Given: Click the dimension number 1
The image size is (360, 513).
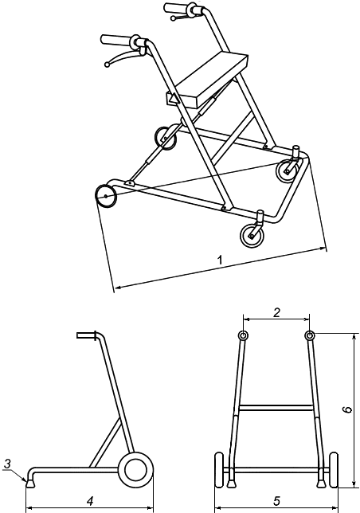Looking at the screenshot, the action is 221,260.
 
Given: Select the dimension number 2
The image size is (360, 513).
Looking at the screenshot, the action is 276,313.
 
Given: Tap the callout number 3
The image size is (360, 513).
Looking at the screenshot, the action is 8,464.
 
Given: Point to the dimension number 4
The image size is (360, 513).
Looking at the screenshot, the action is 90,500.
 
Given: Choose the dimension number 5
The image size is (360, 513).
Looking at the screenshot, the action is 276,500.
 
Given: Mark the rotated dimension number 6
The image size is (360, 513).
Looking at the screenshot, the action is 347,409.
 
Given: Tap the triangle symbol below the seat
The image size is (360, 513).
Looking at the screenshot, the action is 173,98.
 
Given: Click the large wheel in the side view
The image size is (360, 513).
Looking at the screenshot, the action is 135,470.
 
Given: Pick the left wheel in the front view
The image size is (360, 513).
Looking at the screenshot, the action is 219,470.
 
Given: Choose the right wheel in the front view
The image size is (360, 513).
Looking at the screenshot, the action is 334,470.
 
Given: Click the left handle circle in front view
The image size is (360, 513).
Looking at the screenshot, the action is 243,335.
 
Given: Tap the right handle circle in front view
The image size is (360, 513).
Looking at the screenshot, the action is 309,335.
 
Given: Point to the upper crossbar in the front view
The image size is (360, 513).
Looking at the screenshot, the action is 276,407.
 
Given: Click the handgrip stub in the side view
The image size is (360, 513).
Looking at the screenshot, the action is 86,335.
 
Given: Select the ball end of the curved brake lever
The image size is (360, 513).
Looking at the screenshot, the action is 107,65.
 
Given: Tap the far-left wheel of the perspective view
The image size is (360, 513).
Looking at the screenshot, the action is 106,196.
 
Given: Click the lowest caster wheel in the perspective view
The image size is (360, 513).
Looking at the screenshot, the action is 252,236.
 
